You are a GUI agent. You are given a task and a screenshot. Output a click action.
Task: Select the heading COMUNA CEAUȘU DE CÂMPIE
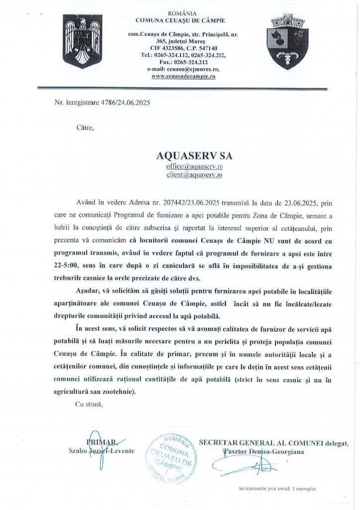tap(180, 20)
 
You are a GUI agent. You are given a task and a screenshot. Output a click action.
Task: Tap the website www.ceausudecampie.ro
tap(183, 76)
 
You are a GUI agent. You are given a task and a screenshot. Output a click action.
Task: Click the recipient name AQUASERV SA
tap(194, 156)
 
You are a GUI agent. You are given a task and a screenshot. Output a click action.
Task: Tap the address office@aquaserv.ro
tap(194, 166)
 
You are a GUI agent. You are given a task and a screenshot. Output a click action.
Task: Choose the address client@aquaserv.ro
tap(194, 175)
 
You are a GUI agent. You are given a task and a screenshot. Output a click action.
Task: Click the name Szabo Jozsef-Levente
tap(98, 451)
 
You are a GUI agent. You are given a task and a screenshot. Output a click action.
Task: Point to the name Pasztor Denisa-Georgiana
tap(264, 451)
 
